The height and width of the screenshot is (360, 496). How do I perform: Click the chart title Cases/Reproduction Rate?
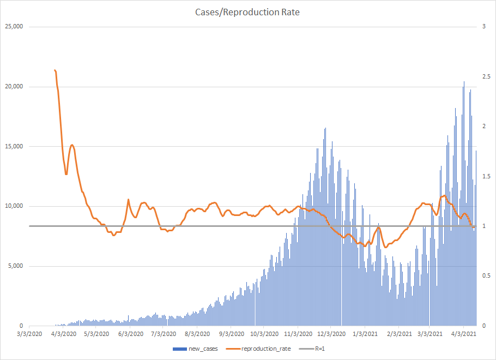(x=247, y=12)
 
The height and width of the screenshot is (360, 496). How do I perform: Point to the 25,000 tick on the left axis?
(x=13, y=27)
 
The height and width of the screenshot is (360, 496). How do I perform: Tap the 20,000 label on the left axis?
(x=13, y=87)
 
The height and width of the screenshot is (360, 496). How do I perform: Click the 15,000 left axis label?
(x=13, y=147)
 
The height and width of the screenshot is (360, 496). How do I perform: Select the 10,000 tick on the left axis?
(x=13, y=206)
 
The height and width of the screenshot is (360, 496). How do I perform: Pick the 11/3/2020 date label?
(x=298, y=334)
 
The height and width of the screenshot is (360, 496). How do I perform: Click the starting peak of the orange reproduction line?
(x=55, y=70)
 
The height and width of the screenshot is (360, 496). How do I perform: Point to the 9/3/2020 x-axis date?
(x=231, y=334)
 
